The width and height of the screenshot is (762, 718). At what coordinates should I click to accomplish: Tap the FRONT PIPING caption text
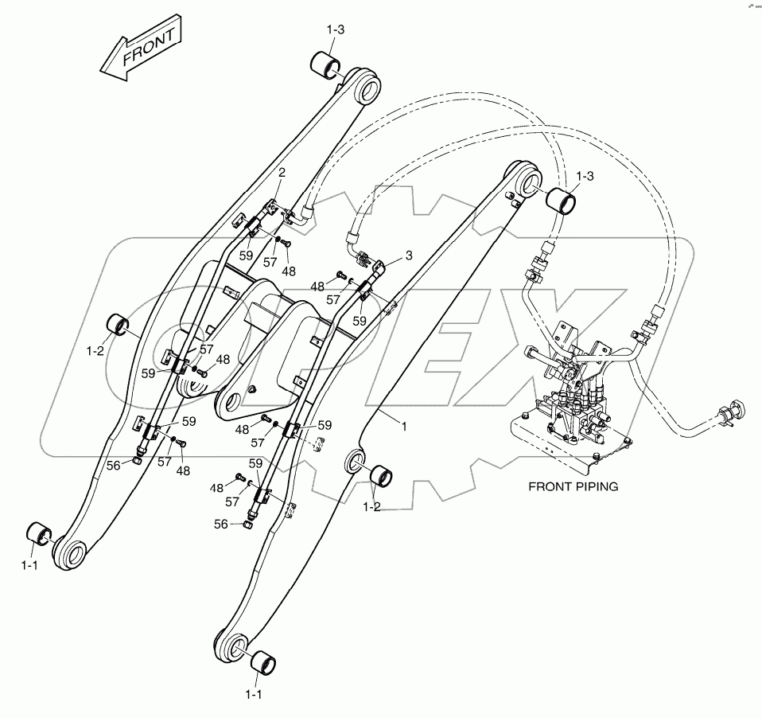point(573,486)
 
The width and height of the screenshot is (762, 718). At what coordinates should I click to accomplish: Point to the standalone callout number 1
point(404,427)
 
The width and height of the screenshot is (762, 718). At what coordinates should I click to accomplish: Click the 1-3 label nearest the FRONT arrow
point(335,29)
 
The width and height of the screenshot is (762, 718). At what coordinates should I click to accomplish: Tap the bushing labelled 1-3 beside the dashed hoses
point(562,197)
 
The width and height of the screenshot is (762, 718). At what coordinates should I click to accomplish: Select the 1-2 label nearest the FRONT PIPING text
point(372,507)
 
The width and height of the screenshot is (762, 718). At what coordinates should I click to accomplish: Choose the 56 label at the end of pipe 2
point(115,466)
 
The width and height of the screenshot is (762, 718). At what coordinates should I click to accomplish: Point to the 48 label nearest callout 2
point(288,271)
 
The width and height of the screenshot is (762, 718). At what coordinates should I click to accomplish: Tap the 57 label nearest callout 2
point(270,260)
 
